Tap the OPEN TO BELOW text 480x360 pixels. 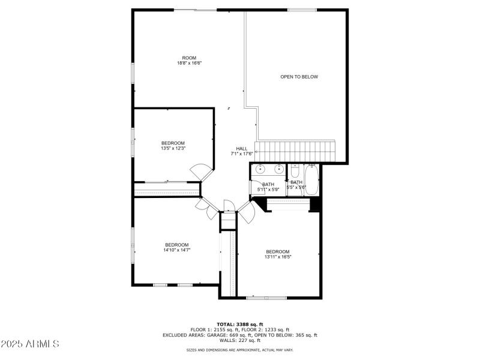click(299, 77)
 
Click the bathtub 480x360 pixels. click(312, 177)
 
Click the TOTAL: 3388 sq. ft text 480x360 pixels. click(240, 324)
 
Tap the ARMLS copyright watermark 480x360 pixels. click(30, 344)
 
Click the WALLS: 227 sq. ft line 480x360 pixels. click(240, 341)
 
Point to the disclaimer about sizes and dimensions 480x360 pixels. click(240, 350)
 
